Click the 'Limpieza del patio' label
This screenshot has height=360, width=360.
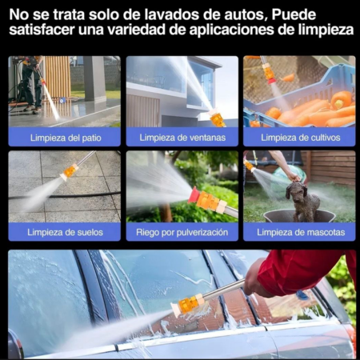click(x=64, y=137)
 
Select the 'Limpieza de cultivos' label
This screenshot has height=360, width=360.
click(x=299, y=137)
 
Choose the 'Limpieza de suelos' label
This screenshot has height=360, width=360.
click(x=64, y=231)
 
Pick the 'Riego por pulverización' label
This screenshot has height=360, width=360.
click(x=182, y=231)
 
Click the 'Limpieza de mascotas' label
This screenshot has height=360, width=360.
click(x=299, y=231)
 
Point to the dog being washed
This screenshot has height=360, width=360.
click(x=302, y=199)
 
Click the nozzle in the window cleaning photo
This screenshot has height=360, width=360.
click(x=216, y=118)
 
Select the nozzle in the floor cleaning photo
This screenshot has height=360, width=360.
click(x=70, y=170)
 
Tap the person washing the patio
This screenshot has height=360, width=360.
click(x=30, y=80)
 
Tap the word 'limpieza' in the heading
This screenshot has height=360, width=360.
click(x=324, y=30)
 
